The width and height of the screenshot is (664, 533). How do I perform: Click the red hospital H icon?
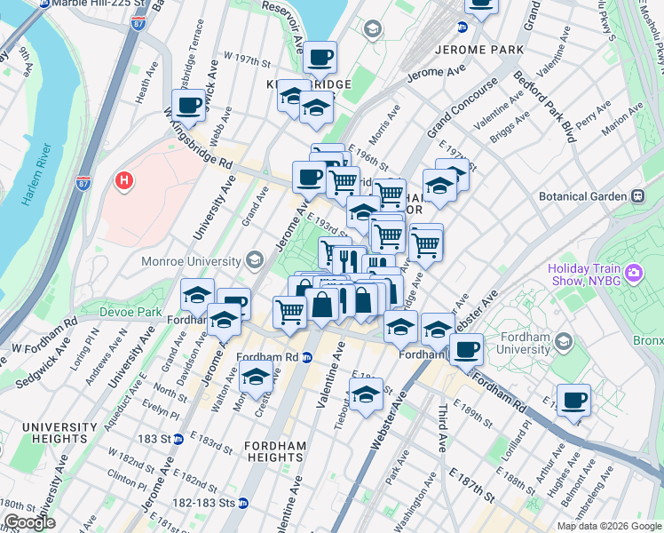[124, 181]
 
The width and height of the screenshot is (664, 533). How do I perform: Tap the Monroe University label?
[191, 261]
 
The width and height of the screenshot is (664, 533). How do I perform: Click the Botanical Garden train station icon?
[637, 195]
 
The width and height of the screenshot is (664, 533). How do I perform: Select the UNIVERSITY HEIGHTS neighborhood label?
[59, 434]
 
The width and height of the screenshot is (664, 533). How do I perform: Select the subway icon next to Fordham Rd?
[307, 357]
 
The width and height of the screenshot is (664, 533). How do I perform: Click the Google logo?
[28, 522]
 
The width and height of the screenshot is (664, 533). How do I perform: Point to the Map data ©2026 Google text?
[608, 526]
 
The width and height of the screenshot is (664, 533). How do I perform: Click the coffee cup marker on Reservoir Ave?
[320, 58]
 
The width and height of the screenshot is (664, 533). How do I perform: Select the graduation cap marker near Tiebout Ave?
[366, 394]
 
